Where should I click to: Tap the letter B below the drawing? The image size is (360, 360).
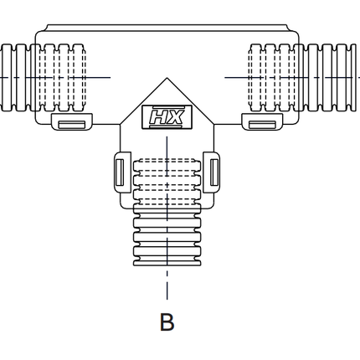pyautogui.click(x=167, y=322)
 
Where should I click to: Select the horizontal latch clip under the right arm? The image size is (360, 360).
pyautogui.click(x=263, y=124)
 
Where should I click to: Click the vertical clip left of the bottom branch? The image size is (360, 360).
pyautogui.click(x=118, y=172)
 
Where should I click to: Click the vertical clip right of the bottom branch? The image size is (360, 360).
pyautogui.click(x=215, y=172)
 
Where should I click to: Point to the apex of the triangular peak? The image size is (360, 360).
pyautogui.click(x=167, y=79)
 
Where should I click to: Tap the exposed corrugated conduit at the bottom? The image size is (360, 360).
pyautogui.click(x=167, y=243)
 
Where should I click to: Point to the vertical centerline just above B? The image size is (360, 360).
pyautogui.click(x=167, y=289)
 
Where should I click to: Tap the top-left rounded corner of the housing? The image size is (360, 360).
pyautogui.click(x=39, y=33)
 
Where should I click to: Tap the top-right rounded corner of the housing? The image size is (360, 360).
pyautogui.click(x=296, y=33)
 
